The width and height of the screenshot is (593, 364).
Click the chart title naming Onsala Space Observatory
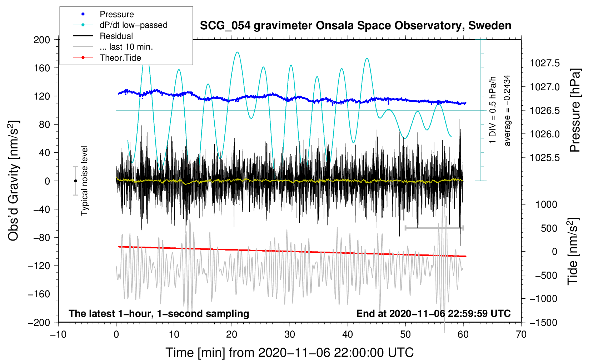[x=355, y=26]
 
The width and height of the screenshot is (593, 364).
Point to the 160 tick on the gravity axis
[x=42, y=68]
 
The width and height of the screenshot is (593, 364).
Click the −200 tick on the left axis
[x=39, y=322]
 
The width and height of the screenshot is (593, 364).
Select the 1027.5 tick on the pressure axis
[x=544, y=64]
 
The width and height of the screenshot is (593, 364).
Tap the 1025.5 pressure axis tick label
[x=544, y=158]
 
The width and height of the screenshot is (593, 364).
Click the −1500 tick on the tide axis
[x=543, y=322]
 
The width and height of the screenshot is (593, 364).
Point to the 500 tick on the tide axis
[x=549, y=228]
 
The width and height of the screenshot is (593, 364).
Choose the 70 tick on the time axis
[x=521, y=334]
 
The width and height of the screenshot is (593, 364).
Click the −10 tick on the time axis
[x=58, y=334]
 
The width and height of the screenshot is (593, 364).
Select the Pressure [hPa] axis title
[x=575, y=111]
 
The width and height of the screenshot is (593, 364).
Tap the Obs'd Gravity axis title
[x=14, y=181]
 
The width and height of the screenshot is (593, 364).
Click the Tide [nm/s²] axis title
[x=573, y=251]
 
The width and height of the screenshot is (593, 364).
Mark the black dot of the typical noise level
[x=75, y=181]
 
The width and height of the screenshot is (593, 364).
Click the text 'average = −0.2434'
[x=507, y=111]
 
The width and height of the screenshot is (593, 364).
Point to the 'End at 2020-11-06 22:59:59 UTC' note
[x=433, y=313]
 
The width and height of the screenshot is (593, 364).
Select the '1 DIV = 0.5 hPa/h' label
[x=493, y=111]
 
